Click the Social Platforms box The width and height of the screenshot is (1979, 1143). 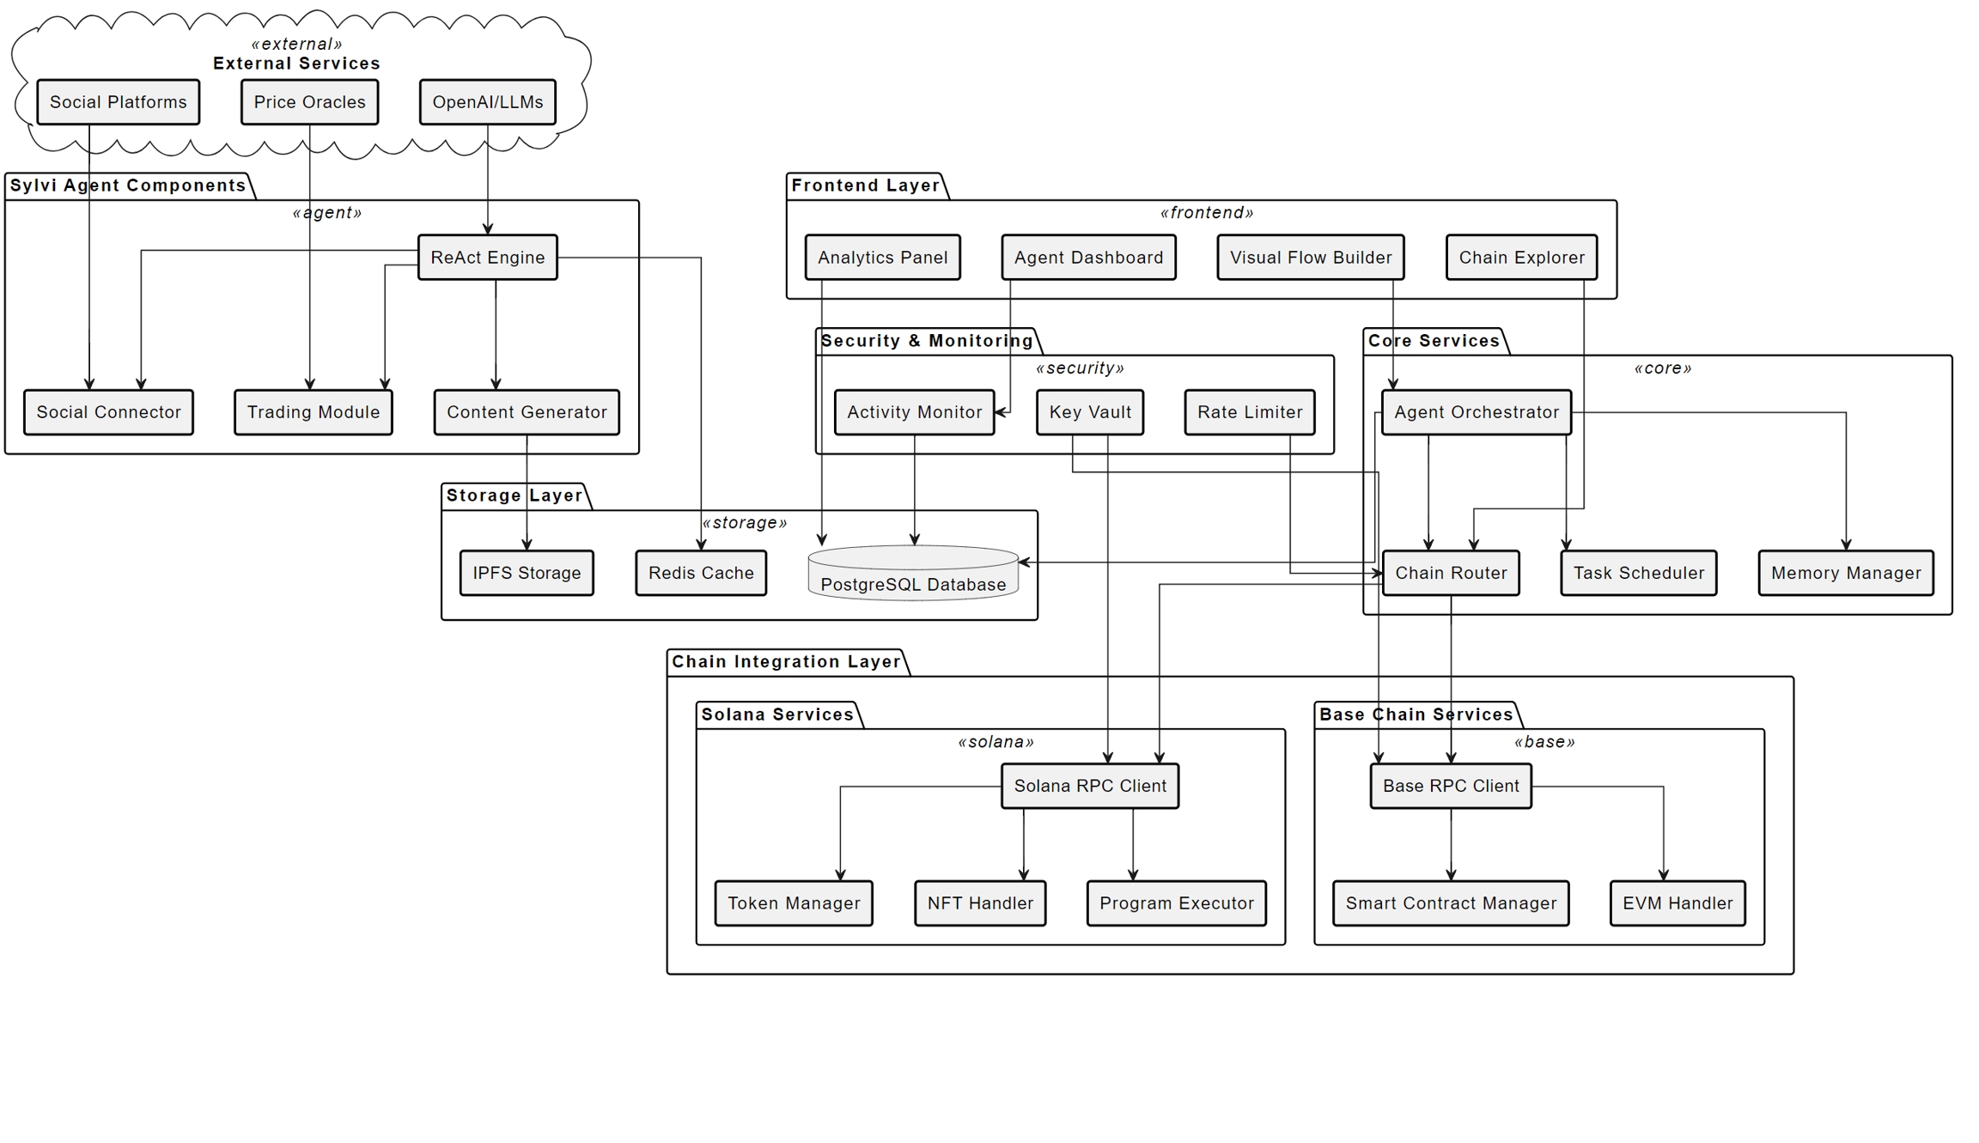118,102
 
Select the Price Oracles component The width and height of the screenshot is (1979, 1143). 309,102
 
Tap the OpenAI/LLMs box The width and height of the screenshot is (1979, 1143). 487,102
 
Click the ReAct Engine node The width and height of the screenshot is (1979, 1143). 487,258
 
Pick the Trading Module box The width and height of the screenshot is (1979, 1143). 313,412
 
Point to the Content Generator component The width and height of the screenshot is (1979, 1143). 527,412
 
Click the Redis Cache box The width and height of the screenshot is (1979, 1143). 701,573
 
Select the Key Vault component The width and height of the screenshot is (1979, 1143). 1089,412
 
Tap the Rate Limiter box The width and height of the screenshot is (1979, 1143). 1249,412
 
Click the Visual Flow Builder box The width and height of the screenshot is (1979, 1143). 1310,258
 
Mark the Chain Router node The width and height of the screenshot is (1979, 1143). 1450,573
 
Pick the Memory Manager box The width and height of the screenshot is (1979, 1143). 1845,573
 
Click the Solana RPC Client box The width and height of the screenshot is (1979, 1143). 1089,786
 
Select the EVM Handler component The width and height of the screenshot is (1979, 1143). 1677,903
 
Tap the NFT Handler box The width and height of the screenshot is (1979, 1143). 980,903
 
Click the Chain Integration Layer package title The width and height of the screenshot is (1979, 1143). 786,662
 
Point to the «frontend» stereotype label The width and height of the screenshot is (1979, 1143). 1206,213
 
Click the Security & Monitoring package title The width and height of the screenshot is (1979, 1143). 926,341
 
